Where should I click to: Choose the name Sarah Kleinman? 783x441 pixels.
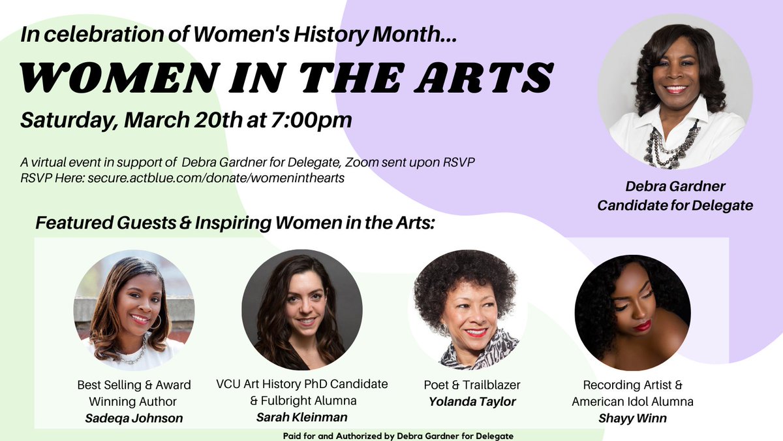[x=302, y=416]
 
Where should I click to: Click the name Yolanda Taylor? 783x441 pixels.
[x=472, y=402]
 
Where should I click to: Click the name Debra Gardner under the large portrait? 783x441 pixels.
[x=675, y=188]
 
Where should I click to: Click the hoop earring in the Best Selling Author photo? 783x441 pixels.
[x=155, y=321]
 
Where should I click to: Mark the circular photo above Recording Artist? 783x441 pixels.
[x=632, y=312]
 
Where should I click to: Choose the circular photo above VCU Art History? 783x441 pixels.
[x=301, y=312]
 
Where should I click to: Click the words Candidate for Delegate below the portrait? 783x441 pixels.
[x=675, y=205]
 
